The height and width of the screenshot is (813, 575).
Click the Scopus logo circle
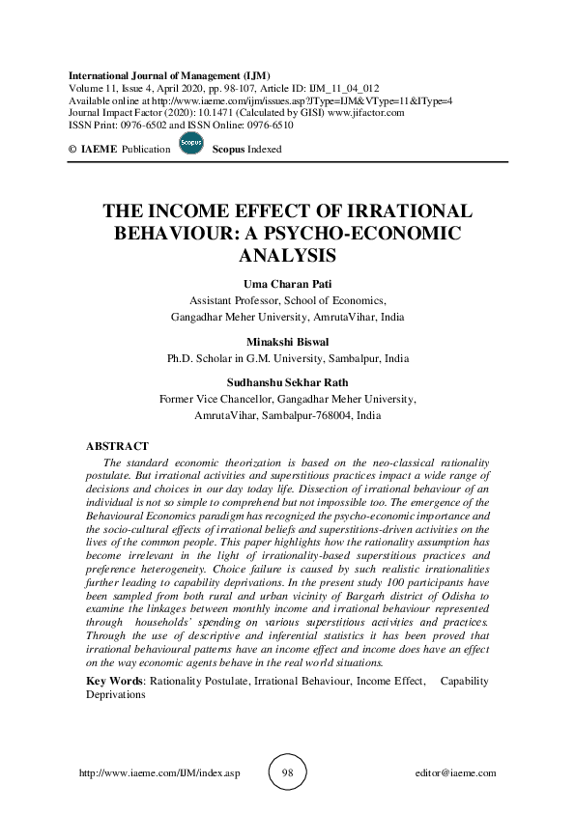191,146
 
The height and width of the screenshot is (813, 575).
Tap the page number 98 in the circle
287,772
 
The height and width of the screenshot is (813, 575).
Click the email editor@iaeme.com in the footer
454,773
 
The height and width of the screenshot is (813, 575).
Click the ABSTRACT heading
118,446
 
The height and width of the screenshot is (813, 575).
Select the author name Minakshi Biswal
287,341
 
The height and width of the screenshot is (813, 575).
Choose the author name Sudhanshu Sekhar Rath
287,382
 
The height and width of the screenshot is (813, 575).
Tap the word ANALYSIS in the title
287,256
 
